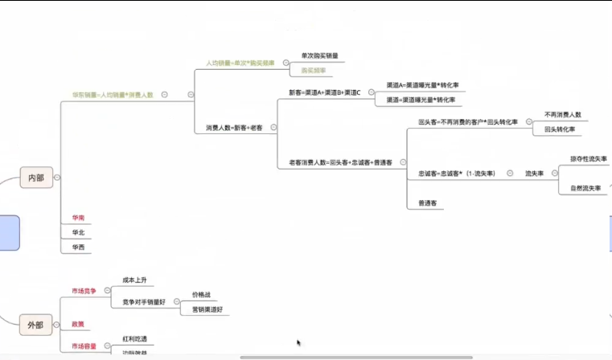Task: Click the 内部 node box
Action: (36, 178)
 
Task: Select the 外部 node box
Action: (36, 325)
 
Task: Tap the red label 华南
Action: (79, 218)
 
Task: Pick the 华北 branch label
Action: (79, 233)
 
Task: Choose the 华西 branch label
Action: (79, 247)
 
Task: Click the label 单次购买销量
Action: (319, 55)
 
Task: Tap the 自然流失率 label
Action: (585, 188)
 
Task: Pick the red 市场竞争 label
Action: (84, 291)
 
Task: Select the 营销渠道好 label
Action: (207, 309)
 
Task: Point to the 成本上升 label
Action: (134, 280)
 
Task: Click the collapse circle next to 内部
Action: (57, 178)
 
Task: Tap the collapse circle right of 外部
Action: (57, 325)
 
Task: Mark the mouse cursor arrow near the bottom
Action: (298, 343)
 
